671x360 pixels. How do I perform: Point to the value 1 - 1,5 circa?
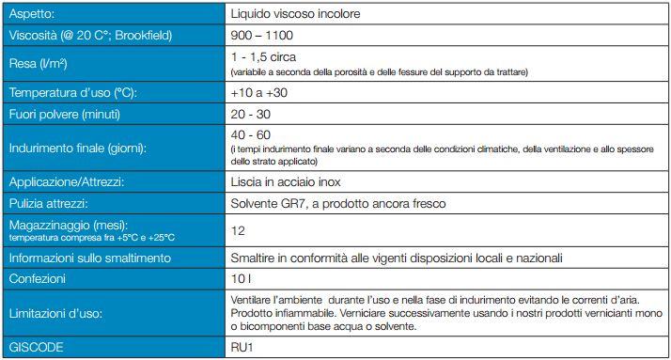[x=265, y=57]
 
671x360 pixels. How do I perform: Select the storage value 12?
[x=238, y=230]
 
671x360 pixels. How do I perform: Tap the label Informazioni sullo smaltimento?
[x=89, y=258]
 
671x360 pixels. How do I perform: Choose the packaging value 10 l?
[x=241, y=279]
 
